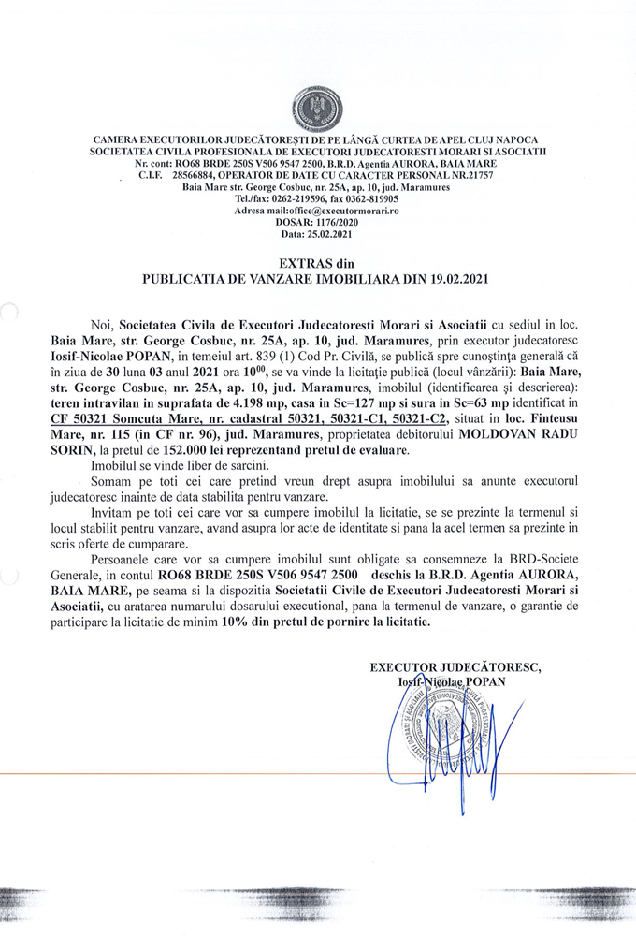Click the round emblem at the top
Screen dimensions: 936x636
(317, 108)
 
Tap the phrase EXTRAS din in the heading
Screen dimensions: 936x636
(317, 264)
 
